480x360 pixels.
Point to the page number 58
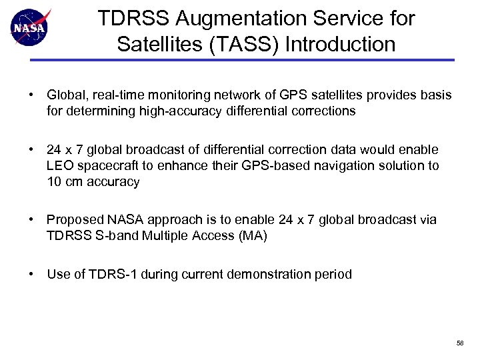(x=460, y=342)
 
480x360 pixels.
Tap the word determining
(x=95, y=111)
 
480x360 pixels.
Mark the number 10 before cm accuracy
(x=54, y=181)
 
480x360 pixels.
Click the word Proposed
(x=73, y=219)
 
